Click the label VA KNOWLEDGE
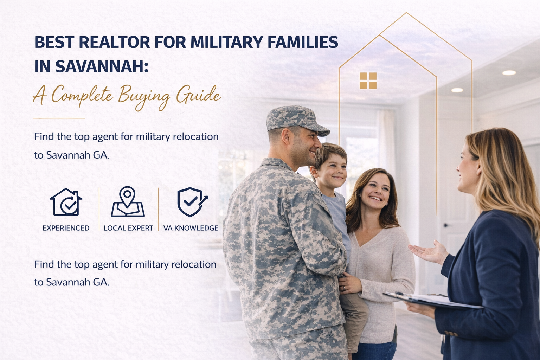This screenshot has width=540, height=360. pyautogui.click(x=191, y=228)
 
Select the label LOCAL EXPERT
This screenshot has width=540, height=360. pyautogui.click(x=128, y=228)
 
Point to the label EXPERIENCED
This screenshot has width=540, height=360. pyautogui.click(x=66, y=228)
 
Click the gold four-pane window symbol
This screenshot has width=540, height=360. pyautogui.click(x=368, y=81)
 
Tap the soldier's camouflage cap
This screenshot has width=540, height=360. pyautogui.click(x=295, y=120)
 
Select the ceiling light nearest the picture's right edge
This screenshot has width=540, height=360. pyautogui.click(x=509, y=73)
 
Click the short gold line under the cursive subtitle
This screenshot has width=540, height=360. pyautogui.click(x=59, y=118)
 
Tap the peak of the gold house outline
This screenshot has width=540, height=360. pyautogui.click(x=406, y=13)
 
